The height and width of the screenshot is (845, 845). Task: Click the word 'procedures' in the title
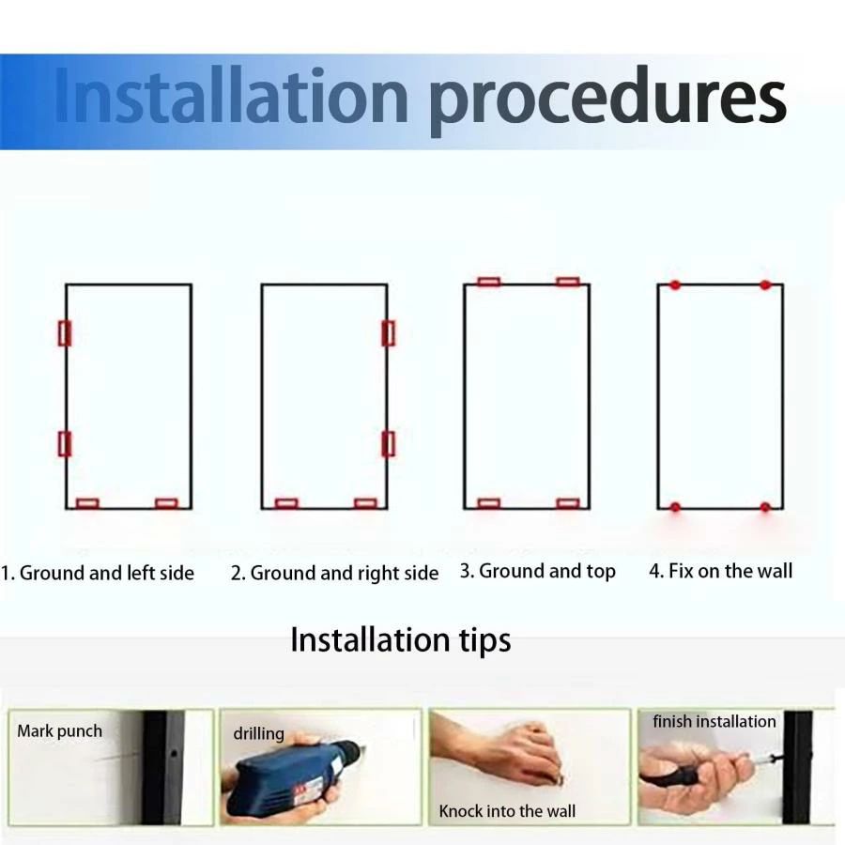coord(607,100)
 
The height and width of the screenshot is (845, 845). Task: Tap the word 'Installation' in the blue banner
coord(231,96)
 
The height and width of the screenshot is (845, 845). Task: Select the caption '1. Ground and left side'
coord(98,573)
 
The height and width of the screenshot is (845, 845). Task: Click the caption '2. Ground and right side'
coord(334,574)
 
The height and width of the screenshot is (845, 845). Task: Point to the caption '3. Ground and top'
coord(537,571)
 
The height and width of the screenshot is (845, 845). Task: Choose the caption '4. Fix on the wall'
coord(720,571)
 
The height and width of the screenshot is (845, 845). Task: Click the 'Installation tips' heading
coord(400,640)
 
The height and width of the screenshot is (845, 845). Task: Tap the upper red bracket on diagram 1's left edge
coord(65,333)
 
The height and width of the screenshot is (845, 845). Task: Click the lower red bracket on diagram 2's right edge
coord(388,443)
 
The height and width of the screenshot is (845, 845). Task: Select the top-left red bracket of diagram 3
coord(489,282)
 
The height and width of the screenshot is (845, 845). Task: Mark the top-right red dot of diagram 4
coord(765,285)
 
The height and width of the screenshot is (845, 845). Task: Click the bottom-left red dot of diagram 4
coord(675,507)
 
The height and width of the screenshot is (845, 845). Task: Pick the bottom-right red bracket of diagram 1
coord(166,504)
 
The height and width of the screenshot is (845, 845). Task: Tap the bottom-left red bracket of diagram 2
coord(286,504)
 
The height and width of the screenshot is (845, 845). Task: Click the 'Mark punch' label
coord(59,731)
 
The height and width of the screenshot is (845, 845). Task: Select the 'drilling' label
coord(259,733)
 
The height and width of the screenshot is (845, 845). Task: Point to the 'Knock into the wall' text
coord(507,811)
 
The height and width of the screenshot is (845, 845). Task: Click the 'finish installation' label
coord(714,722)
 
